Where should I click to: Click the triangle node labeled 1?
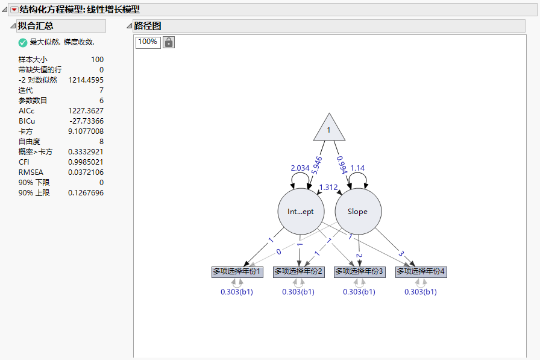click(x=328, y=130)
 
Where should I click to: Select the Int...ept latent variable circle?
click(x=300, y=212)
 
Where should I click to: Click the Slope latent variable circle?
click(x=357, y=212)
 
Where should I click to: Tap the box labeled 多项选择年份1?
click(x=237, y=272)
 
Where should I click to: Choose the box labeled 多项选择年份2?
click(x=299, y=272)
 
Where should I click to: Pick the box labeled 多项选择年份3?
click(x=360, y=272)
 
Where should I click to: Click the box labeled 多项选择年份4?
click(x=421, y=272)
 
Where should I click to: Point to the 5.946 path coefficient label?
click(x=318, y=165)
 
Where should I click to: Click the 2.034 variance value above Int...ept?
click(x=300, y=168)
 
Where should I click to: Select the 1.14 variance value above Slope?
click(x=357, y=168)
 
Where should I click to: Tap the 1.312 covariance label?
click(x=328, y=188)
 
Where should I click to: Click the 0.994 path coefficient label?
click(x=343, y=165)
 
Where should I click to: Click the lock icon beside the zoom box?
click(x=169, y=42)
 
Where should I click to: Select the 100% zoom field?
click(x=148, y=42)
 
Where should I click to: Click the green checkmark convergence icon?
click(x=23, y=42)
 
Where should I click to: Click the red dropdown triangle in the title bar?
click(x=14, y=10)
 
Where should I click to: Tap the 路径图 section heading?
click(x=148, y=26)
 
